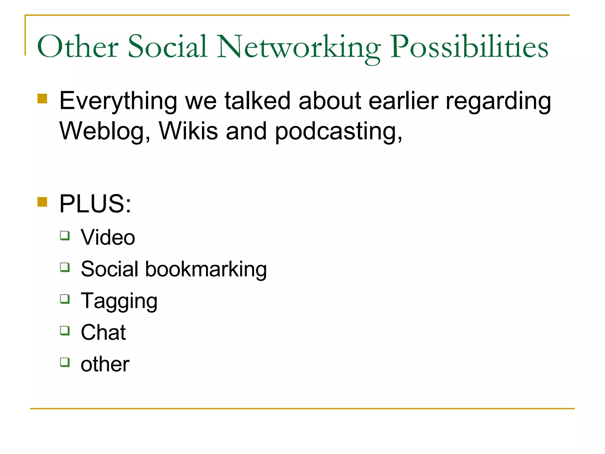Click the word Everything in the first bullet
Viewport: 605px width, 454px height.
[118, 101]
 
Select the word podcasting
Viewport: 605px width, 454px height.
[339, 132]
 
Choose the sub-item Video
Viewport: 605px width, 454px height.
[108, 237]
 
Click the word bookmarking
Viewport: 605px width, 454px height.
[206, 269]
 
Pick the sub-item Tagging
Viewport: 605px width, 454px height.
[119, 301]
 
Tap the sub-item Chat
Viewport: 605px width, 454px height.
[103, 333]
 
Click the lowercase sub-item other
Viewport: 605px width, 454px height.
[105, 364]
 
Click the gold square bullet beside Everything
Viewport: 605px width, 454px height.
[43, 99]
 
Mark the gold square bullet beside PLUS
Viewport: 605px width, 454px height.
[43, 202]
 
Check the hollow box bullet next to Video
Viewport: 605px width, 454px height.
[65, 236]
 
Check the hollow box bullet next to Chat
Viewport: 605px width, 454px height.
[65, 330]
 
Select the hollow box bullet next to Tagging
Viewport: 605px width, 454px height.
[65, 299]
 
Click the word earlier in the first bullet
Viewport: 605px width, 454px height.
[404, 101]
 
